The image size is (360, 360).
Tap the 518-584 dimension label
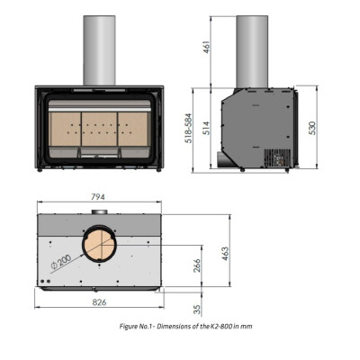click(x=188, y=129)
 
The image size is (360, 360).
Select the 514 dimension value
click(x=207, y=128)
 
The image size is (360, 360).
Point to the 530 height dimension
click(x=312, y=128)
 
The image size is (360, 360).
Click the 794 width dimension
click(x=98, y=197)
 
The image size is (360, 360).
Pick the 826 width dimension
click(x=99, y=302)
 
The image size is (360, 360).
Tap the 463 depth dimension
click(x=225, y=254)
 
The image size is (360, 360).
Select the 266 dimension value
click(x=197, y=265)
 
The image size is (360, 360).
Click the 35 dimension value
click(x=197, y=310)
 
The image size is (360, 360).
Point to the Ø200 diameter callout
click(x=61, y=261)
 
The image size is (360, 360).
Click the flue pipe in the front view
click(x=99, y=50)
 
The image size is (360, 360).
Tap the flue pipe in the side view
click(x=252, y=52)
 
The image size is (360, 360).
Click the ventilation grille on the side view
click(x=277, y=157)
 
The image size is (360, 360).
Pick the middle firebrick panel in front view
click(x=99, y=129)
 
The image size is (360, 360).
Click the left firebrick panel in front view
click(x=66, y=129)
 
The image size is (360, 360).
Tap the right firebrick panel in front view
click(x=132, y=129)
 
